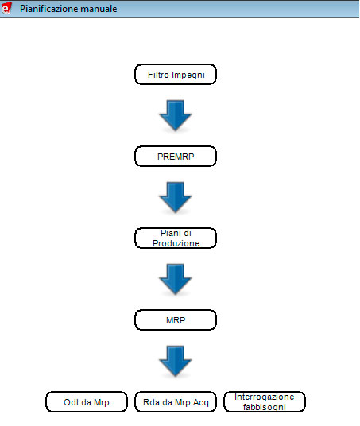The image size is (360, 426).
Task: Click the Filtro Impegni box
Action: click(176, 75)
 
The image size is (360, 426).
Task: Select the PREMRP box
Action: click(176, 157)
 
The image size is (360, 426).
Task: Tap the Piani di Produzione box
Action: click(176, 238)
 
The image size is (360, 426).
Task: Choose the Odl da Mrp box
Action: click(87, 402)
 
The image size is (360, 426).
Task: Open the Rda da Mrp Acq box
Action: click(176, 402)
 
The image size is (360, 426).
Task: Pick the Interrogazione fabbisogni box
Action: click(265, 402)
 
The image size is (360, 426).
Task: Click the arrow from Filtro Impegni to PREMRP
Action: click(176, 115)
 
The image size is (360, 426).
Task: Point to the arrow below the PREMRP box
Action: click(176, 197)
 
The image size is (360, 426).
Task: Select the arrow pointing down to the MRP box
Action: click(176, 279)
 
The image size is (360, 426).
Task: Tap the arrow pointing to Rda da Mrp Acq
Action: click(176, 361)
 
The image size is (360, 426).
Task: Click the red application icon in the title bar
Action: click(6, 8)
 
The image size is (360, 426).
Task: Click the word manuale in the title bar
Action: click(99, 9)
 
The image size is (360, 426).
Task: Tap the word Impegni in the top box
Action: click(188, 76)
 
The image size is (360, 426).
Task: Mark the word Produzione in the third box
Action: click(176, 243)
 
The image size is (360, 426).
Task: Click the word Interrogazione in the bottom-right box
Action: click(265, 397)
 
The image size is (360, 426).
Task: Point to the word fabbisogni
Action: click(265, 407)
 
